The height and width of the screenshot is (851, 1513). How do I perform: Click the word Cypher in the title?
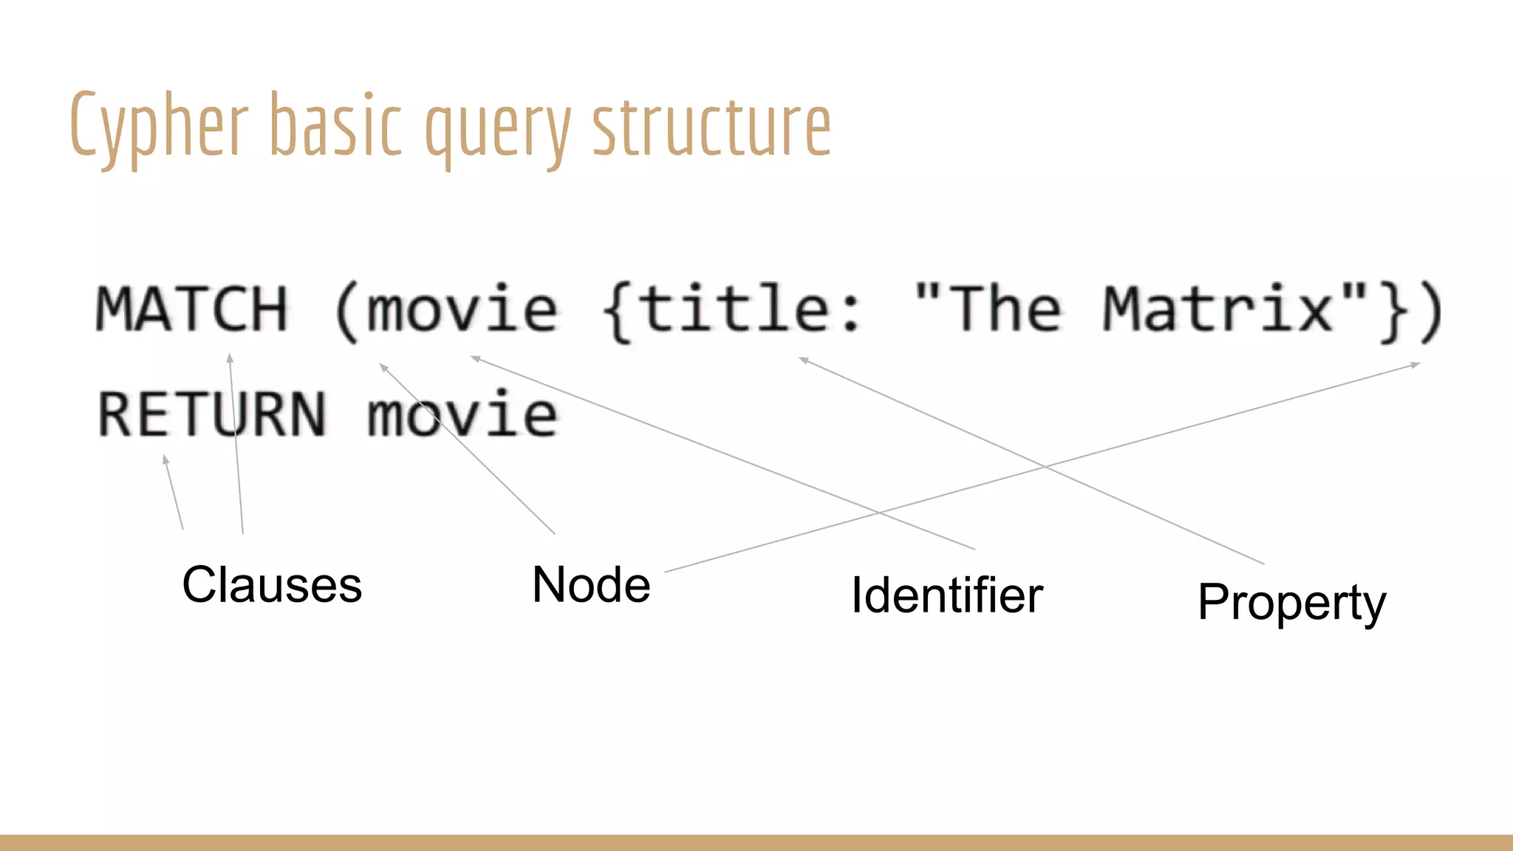(159, 126)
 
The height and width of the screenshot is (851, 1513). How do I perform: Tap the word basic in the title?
(336, 126)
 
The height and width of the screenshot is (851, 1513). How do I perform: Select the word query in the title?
(498, 129)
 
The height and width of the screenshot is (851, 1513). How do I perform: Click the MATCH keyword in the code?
(192, 309)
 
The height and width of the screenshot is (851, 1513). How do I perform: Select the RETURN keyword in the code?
(212, 414)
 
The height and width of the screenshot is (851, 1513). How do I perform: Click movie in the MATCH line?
(462, 309)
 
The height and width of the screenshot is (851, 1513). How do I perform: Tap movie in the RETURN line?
(462, 414)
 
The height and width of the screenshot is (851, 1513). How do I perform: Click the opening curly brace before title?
(617, 310)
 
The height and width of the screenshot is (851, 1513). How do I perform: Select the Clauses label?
(272, 585)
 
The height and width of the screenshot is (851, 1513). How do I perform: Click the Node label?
(591, 585)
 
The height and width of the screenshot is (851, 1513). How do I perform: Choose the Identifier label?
(947, 595)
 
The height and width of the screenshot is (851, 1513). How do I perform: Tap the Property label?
(1291, 603)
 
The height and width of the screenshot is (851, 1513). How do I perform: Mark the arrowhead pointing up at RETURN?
(165, 459)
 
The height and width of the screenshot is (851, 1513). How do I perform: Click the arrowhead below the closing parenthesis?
(1415, 364)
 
